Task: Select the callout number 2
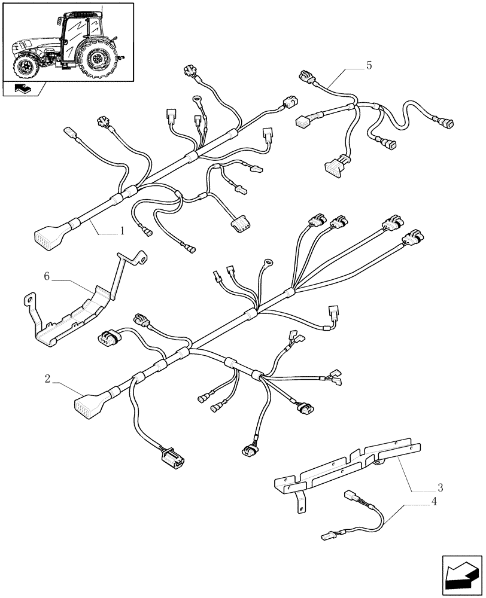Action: (x=47, y=378)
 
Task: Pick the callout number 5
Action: (x=369, y=66)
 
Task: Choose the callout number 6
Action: (x=47, y=276)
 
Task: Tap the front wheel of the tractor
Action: (x=27, y=66)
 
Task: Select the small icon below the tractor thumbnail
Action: (x=24, y=90)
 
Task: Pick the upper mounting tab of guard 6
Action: (x=141, y=257)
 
